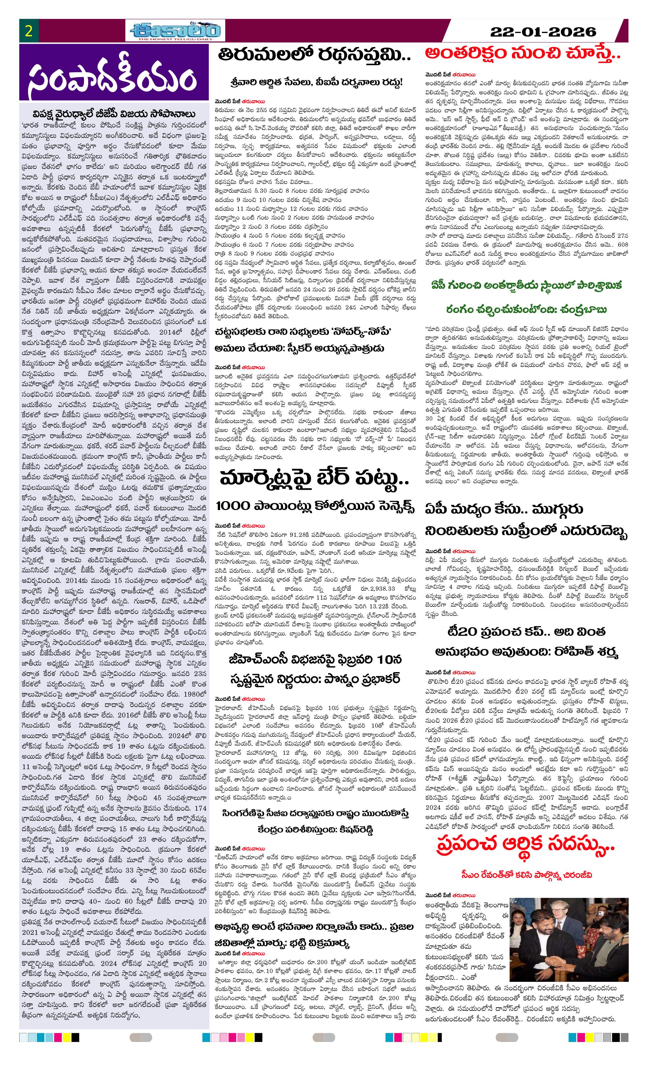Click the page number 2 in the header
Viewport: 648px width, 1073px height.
coord(29,31)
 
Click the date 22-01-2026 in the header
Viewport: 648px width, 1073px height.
coord(543,32)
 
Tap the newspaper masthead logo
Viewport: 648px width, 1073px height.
coord(176,31)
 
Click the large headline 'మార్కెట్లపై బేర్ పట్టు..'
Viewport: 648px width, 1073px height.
coord(314,479)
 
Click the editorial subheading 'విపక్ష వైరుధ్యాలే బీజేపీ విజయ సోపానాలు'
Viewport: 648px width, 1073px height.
coord(114,114)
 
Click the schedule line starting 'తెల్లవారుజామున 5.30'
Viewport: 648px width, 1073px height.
coord(292,191)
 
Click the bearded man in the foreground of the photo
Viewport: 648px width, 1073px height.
coord(544,932)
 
